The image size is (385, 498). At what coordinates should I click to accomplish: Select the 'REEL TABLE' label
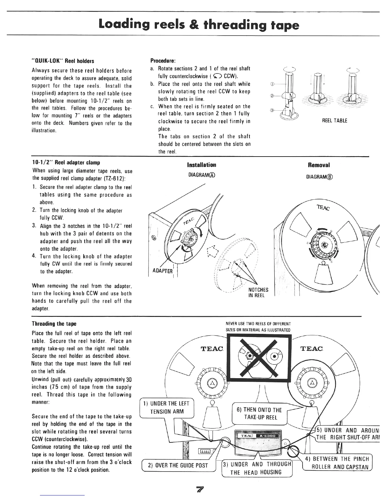pyautogui.click(x=335, y=121)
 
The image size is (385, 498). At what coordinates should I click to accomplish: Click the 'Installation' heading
pyautogui.click(x=202, y=165)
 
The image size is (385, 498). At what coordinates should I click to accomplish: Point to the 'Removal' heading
pyautogui.click(x=319, y=165)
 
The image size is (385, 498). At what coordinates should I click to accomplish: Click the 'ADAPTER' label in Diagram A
pyautogui.click(x=162, y=271)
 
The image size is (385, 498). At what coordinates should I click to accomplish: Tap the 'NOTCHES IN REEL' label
pyautogui.click(x=258, y=292)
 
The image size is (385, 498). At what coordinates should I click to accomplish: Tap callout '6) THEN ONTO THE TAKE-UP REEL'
pyautogui.click(x=259, y=413)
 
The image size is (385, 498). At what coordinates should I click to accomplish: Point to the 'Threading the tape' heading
pyautogui.click(x=54, y=324)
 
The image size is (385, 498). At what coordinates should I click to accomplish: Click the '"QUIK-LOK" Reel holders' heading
pyautogui.click(x=63, y=61)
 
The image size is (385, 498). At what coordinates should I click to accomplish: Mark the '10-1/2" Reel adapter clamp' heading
pyautogui.click(x=66, y=163)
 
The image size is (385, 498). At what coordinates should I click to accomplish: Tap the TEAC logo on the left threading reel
pyautogui.click(x=212, y=348)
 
